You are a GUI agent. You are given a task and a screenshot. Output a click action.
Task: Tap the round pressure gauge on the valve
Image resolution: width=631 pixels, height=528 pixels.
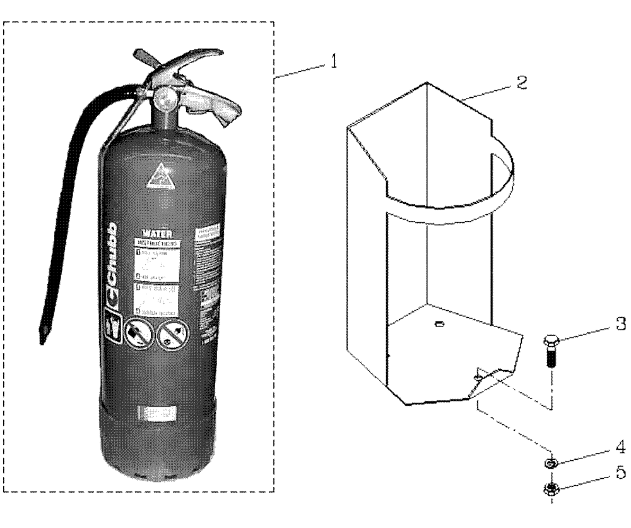click(x=166, y=98)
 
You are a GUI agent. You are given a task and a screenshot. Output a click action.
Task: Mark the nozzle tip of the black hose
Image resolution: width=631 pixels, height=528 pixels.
click(x=43, y=335)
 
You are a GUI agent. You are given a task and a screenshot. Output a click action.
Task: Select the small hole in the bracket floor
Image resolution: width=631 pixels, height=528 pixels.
click(x=439, y=324)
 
